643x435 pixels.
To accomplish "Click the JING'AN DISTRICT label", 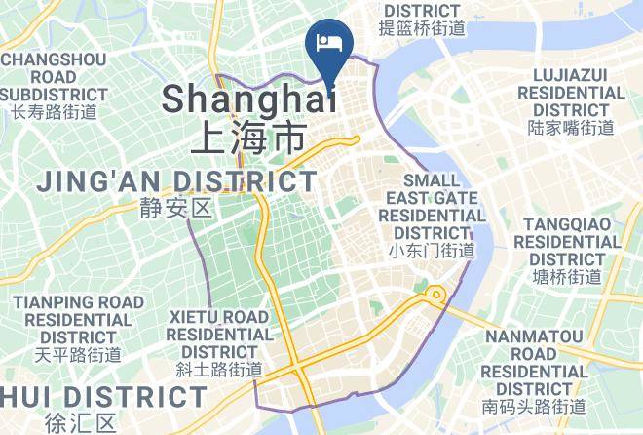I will tap(176, 181).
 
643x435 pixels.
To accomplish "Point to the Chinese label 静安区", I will tap(175, 208).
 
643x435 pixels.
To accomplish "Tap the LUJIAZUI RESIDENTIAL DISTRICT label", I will tap(571, 92).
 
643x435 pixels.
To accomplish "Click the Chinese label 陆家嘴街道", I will tap(571, 127).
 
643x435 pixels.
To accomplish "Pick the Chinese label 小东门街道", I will tap(431, 251).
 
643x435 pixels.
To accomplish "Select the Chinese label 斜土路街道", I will tap(219, 370).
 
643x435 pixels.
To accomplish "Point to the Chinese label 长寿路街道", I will tap(54, 111).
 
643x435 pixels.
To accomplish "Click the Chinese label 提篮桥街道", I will tap(423, 28).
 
